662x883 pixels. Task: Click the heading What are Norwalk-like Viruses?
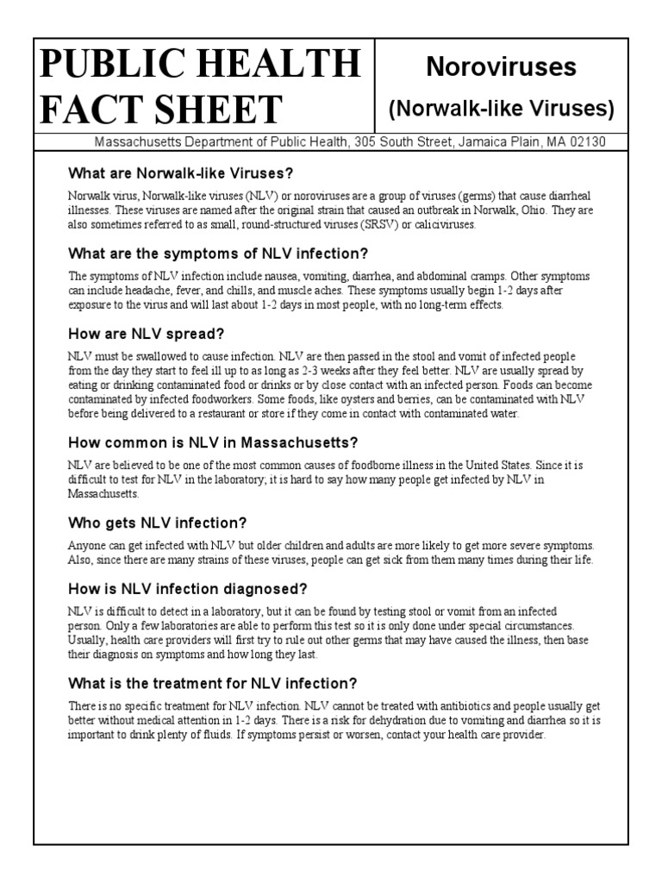[x=181, y=172]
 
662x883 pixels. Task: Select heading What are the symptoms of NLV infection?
[x=218, y=254]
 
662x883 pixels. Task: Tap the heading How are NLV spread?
[x=147, y=334]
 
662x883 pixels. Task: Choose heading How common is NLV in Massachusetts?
[x=213, y=442]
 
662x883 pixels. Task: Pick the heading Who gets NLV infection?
[x=158, y=523]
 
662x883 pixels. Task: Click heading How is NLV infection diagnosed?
[x=188, y=589]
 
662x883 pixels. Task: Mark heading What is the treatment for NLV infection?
[x=212, y=683]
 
